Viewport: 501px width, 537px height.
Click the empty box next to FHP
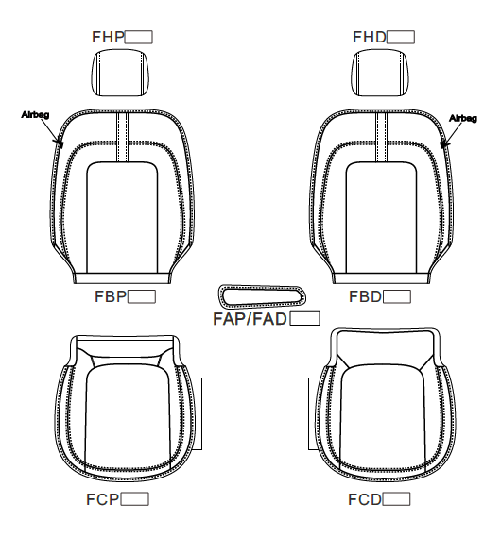coord(139,37)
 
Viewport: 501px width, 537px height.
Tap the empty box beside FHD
coord(401,37)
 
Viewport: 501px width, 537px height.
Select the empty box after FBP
coord(142,296)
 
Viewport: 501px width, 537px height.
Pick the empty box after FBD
coord(397,296)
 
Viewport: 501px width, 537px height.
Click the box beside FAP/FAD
coord(304,318)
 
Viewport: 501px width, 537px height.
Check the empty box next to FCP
coord(135,499)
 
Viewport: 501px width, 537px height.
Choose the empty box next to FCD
coord(396,499)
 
